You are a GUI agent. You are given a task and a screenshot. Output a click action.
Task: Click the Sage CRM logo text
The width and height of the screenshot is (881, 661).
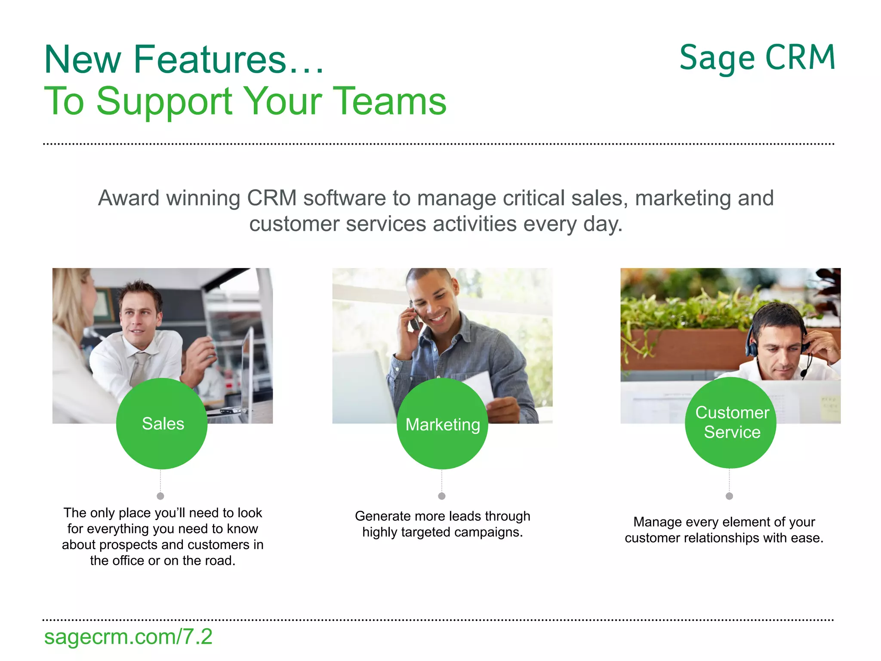point(757,58)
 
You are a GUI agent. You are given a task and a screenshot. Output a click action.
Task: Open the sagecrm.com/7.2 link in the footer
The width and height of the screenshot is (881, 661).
point(128,636)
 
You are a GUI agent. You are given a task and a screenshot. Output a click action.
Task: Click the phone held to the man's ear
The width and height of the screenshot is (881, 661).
point(414,318)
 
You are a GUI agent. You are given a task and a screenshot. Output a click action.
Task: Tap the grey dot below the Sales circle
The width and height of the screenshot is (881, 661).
point(160,496)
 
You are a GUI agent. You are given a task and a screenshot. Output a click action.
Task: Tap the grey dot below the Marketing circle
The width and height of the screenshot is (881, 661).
point(442,496)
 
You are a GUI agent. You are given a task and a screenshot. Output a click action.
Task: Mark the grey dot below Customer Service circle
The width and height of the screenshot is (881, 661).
point(729,496)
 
